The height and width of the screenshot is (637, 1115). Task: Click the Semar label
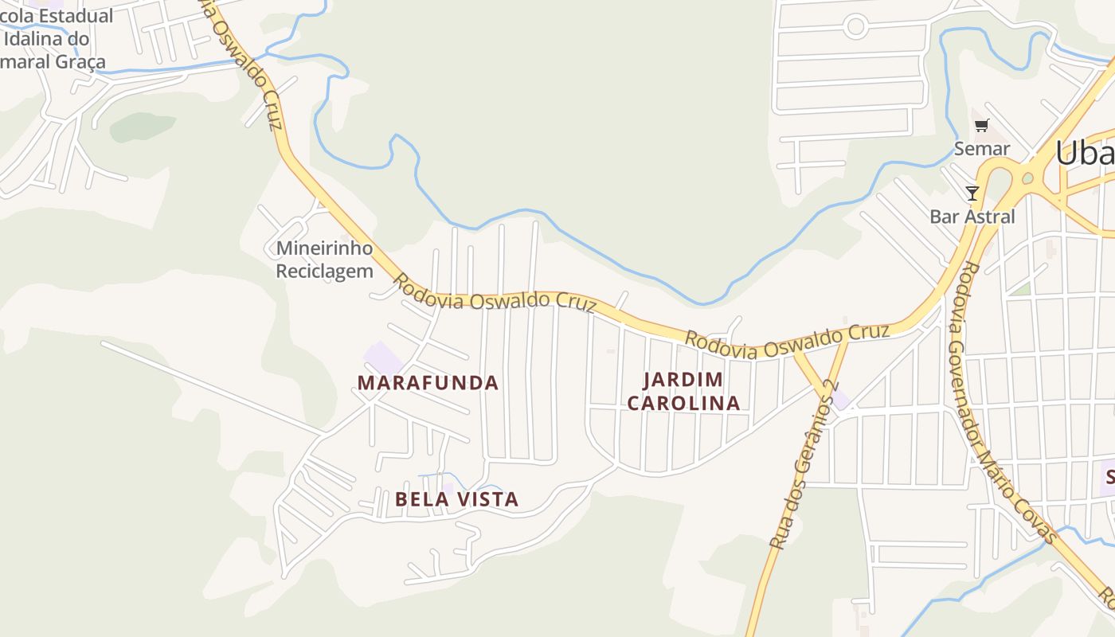click(982, 149)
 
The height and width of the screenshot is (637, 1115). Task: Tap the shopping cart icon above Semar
click(982, 125)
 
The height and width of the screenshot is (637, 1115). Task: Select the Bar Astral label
click(972, 217)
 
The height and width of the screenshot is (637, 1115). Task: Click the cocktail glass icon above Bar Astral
click(972, 193)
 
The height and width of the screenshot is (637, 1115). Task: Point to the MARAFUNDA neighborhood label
click(428, 383)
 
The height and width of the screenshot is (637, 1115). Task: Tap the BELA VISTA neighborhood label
click(456, 499)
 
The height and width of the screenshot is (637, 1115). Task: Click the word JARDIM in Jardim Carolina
click(683, 379)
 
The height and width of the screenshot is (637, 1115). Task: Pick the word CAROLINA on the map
click(683, 403)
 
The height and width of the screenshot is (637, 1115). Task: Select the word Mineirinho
click(324, 248)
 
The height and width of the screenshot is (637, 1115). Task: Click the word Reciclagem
click(324, 271)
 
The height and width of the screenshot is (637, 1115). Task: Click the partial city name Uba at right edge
click(1085, 154)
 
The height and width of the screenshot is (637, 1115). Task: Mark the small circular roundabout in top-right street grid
click(855, 26)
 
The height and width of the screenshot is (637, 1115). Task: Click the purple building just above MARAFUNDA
click(383, 357)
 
